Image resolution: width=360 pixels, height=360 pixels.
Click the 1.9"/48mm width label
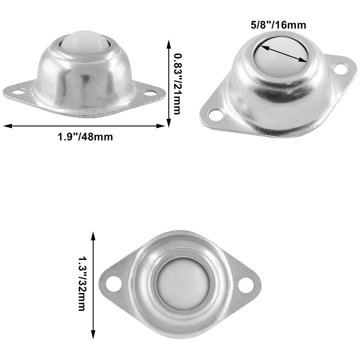click(x=85, y=137)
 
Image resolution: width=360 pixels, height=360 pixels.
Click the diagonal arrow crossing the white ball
click(x=283, y=53)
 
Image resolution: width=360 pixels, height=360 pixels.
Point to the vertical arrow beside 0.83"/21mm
click(x=169, y=83)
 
